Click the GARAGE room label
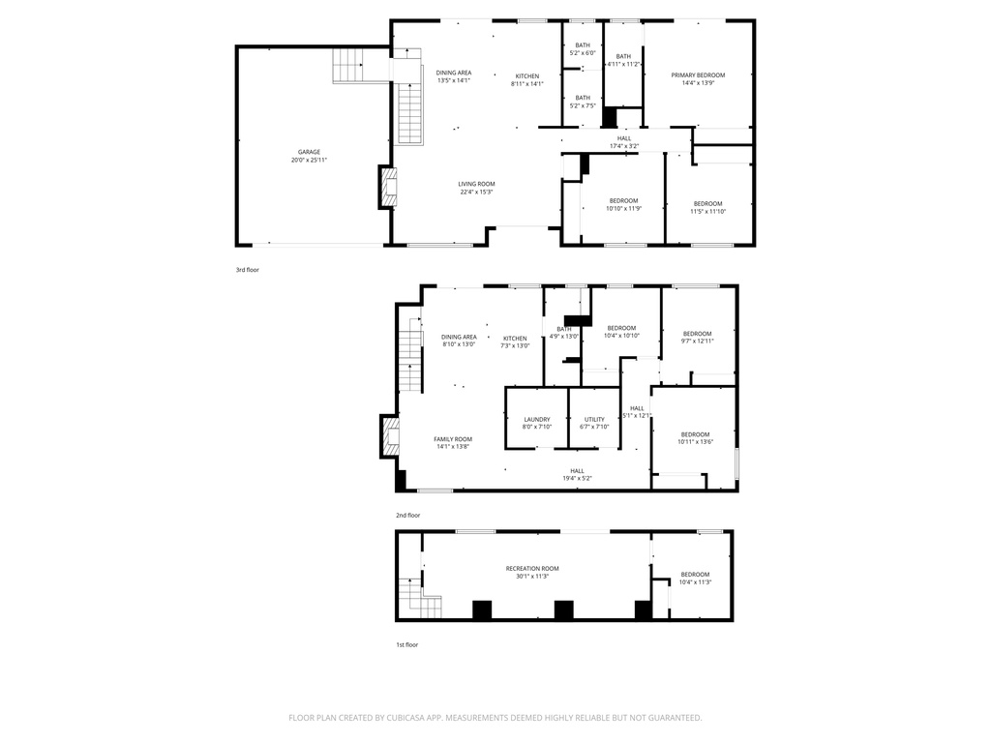(x=309, y=152)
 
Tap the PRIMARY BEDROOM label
(x=698, y=74)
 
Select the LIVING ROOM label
(x=476, y=184)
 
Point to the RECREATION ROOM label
(x=532, y=568)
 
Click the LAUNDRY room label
(x=537, y=419)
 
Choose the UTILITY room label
(x=594, y=419)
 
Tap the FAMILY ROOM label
(x=453, y=439)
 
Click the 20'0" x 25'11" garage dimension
(x=309, y=160)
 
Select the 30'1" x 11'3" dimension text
(x=532, y=577)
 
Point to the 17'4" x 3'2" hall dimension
(x=623, y=146)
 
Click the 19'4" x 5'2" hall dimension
(x=577, y=478)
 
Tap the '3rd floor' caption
(x=247, y=270)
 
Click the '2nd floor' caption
(x=407, y=516)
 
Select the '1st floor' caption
(x=406, y=644)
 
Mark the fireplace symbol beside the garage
(x=387, y=188)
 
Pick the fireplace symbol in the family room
(x=391, y=436)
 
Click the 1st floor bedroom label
(x=695, y=574)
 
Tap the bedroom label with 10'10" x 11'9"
(x=623, y=200)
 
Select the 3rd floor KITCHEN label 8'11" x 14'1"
(x=527, y=75)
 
